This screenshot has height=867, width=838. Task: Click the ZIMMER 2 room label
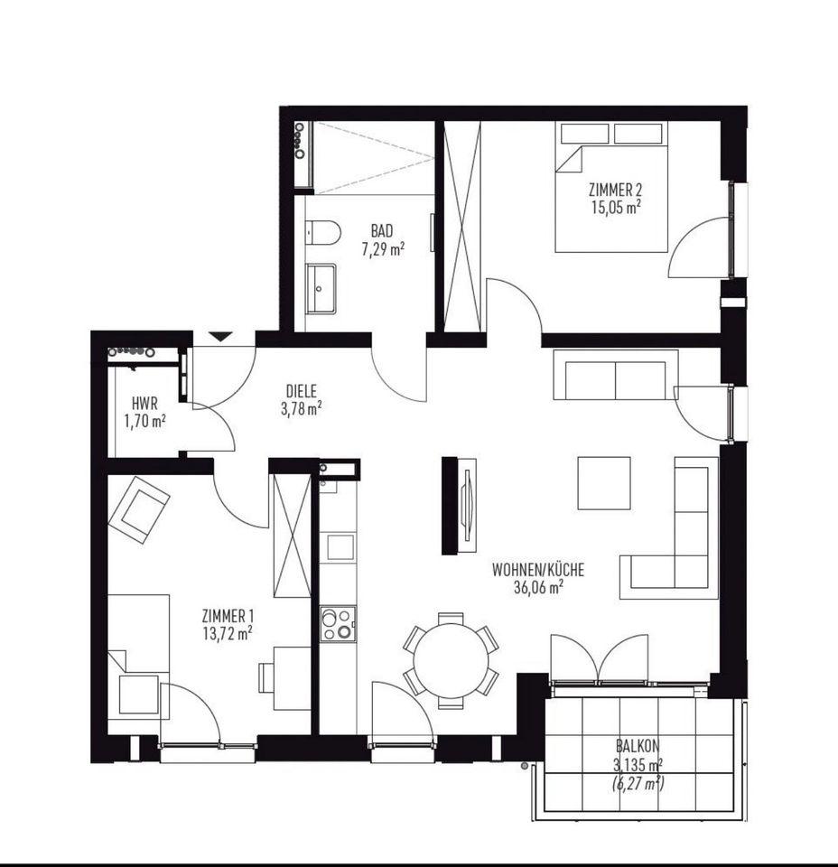click(x=615, y=191)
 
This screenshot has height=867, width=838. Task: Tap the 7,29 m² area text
click(x=383, y=249)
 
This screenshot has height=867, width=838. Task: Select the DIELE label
click(x=302, y=391)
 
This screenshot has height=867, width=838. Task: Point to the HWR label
click(x=144, y=403)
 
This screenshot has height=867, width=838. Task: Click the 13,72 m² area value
click(x=228, y=633)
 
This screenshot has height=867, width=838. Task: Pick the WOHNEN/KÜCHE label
click(x=538, y=569)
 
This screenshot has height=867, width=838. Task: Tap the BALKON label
click(x=638, y=747)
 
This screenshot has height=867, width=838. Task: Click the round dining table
click(x=452, y=661)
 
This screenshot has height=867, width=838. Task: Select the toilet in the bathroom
click(x=322, y=232)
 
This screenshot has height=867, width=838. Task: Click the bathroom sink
click(x=321, y=289)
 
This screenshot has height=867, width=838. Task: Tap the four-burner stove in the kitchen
click(x=338, y=623)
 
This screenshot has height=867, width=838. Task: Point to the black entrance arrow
click(x=221, y=336)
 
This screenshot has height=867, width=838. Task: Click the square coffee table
click(x=604, y=482)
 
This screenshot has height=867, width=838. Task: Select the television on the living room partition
click(x=468, y=506)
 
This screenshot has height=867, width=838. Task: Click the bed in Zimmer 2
click(x=611, y=187)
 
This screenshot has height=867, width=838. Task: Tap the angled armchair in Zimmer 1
click(x=139, y=509)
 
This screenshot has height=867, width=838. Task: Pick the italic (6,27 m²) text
click(x=638, y=783)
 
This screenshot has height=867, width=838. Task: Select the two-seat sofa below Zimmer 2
click(x=616, y=374)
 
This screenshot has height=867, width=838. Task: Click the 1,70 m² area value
click(x=144, y=422)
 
